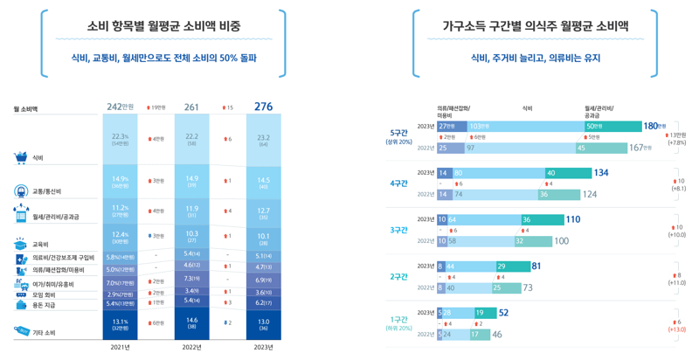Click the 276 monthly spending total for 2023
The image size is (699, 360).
tap(263, 107)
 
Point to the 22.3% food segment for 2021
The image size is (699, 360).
tap(121, 139)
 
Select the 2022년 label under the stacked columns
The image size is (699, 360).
tap(191, 348)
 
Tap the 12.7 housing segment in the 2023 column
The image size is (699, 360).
tap(263, 212)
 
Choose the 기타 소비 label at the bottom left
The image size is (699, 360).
tap(44, 333)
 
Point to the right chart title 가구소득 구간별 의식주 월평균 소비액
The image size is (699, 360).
tap(524, 25)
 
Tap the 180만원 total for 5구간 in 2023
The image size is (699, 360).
tap(655, 127)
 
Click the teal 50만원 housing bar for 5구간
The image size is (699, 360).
tap(612, 127)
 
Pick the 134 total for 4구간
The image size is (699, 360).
tap(600, 173)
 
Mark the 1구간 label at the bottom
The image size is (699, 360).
tap(398, 318)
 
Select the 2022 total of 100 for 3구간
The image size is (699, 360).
tap(561, 241)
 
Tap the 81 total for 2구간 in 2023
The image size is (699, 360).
tap(536, 266)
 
